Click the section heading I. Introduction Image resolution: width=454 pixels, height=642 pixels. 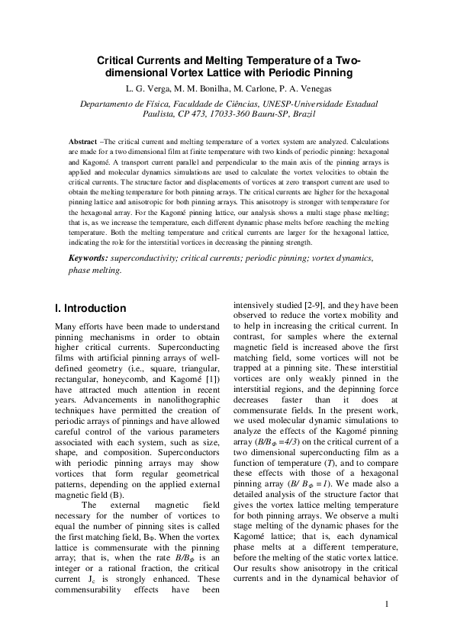tap(91, 309)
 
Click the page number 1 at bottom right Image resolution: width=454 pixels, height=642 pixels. tap(388, 605)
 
